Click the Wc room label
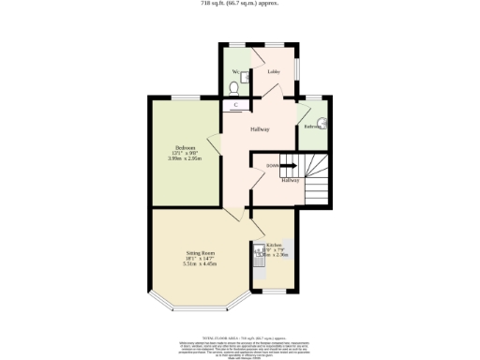pyautogui.click(x=234, y=71)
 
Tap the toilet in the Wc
pyautogui.click(x=233, y=90)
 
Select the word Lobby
pyautogui.click(x=274, y=71)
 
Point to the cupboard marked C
pyautogui.click(x=235, y=105)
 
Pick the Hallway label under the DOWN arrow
pyautogui.click(x=291, y=181)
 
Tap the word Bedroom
pyautogui.click(x=187, y=148)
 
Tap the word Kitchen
pyautogui.click(x=273, y=245)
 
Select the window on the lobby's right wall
pyautogui.click(x=298, y=71)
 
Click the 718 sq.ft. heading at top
pyautogui.click(x=239, y=4)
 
